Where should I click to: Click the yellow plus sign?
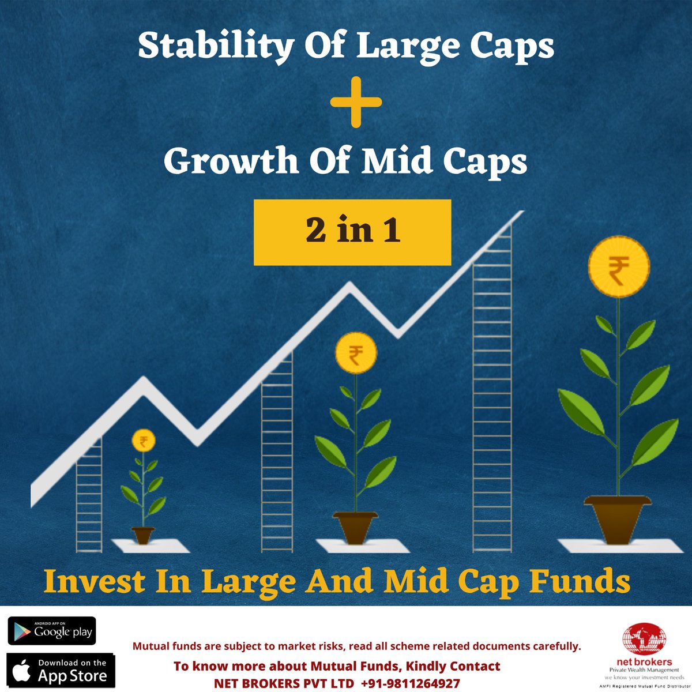(x=356, y=103)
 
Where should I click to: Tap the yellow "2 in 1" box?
(x=352, y=232)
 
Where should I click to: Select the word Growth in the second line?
(x=230, y=162)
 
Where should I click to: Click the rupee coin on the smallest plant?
(x=143, y=442)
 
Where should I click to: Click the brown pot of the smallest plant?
(x=143, y=535)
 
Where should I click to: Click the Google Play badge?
(x=51, y=630)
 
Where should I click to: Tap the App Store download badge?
(x=61, y=670)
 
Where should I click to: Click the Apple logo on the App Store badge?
(x=22, y=671)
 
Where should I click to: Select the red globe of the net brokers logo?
(x=644, y=641)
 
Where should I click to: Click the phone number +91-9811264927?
(x=411, y=683)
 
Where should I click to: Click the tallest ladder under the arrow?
(x=491, y=392)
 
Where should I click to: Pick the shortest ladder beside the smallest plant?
(x=89, y=496)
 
